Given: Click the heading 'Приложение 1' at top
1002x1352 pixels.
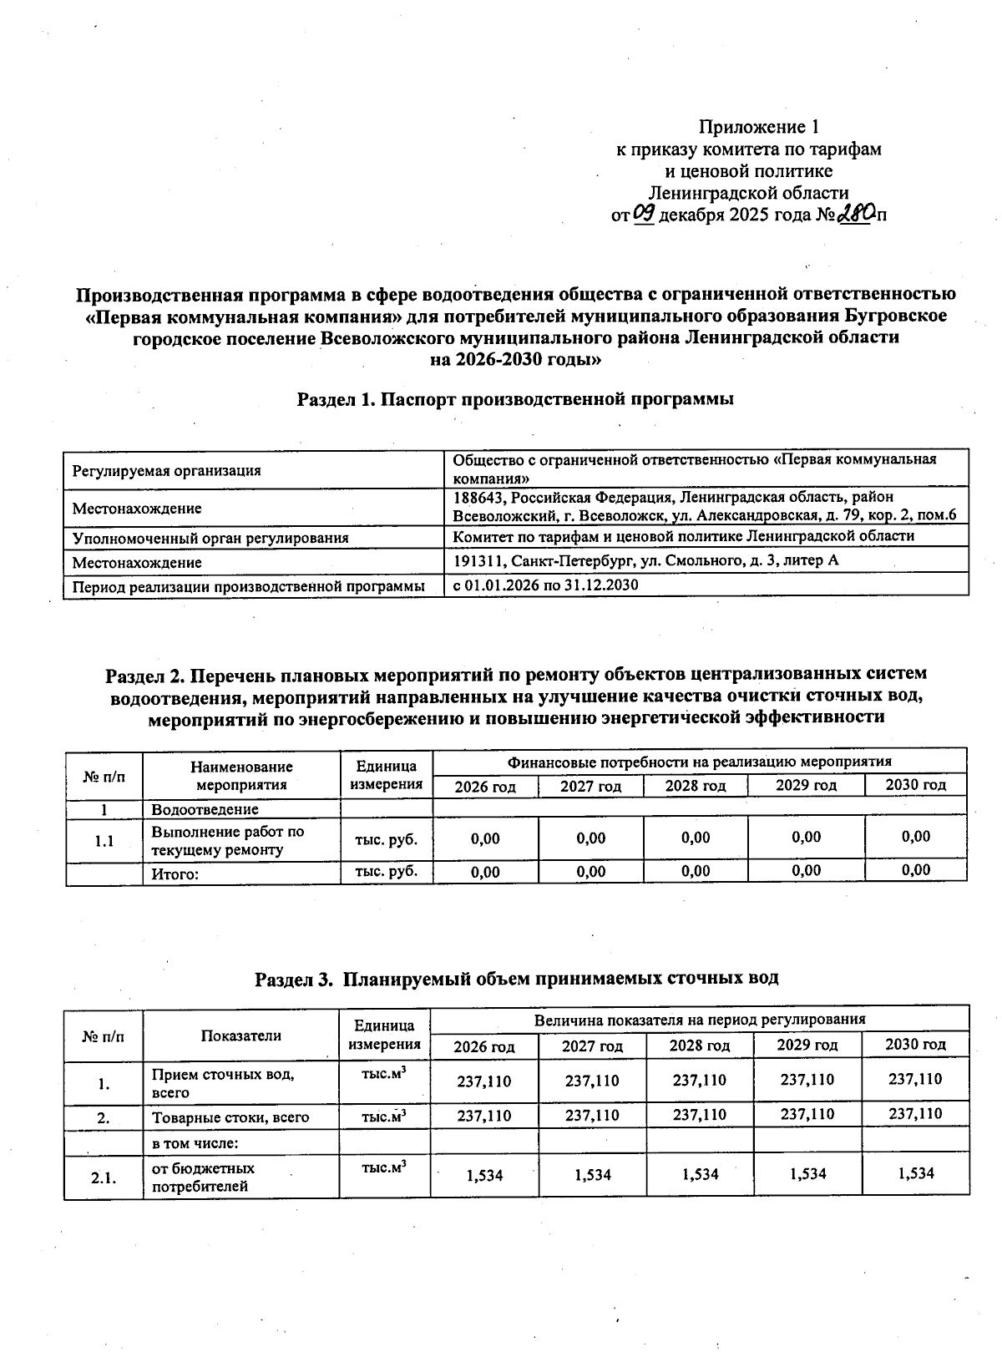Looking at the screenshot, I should pyautogui.click(x=757, y=128).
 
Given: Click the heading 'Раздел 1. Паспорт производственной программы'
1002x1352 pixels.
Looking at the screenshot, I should pyautogui.click(x=515, y=399).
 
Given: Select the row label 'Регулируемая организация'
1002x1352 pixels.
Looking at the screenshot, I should pyautogui.click(x=166, y=470).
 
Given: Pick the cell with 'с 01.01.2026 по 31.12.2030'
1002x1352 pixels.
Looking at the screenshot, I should pyautogui.click(x=545, y=585).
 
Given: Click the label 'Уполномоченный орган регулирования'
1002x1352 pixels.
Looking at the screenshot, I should pyautogui.click(x=210, y=538).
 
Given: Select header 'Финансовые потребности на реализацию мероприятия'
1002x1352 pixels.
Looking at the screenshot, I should pyautogui.click(x=699, y=762).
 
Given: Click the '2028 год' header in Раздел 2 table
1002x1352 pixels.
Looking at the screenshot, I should pyautogui.click(x=695, y=786).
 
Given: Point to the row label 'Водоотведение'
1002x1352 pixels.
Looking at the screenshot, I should pyautogui.click(x=205, y=809).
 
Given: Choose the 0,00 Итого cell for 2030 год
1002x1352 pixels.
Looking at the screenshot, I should pyautogui.click(x=915, y=870).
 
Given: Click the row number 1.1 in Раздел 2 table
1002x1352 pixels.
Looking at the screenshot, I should pyautogui.click(x=104, y=841).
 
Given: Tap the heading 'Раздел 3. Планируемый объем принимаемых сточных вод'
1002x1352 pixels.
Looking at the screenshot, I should pyautogui.click(x=516, y=978).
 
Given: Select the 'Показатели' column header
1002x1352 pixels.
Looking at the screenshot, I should pyautogui.click(x=240, y=1036).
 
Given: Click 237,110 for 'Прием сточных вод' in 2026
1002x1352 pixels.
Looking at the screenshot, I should pyautogui.click(x=483, y=1081).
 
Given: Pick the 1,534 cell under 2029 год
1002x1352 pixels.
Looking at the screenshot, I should pyautogui.click(x=807, y=1173).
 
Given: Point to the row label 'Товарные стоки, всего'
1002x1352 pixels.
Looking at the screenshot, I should pyautogui.click(x=230, y=1117).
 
